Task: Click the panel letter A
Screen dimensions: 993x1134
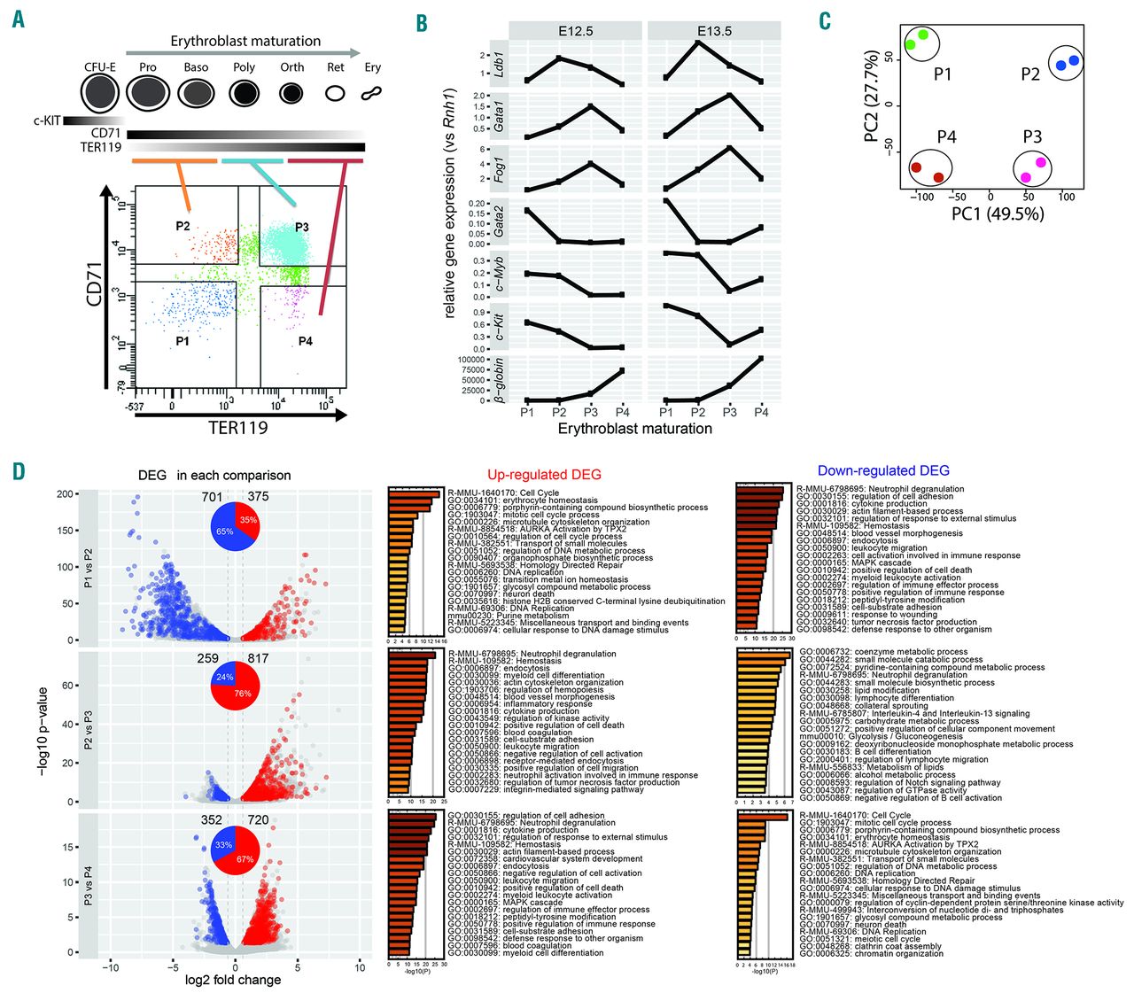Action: (x=18, y=19)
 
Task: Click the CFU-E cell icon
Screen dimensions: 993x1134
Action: (x=100, y=92)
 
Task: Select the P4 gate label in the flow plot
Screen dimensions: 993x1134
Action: (x=305, y=341)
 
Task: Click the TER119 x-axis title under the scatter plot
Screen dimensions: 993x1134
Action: (x=237, y=428)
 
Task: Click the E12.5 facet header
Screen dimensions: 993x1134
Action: (x=575, y=31)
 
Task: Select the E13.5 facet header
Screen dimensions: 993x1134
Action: (x=713, y=31)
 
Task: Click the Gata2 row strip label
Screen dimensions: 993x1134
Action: (x=500, y=221)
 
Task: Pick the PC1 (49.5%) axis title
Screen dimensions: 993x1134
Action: (x=997, y=213)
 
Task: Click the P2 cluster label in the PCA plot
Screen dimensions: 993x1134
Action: (x=1029, y=74)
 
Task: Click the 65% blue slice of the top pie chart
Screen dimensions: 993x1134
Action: (x=223, y=531)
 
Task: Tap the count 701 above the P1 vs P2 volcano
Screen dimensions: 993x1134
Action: (x=212, y=497)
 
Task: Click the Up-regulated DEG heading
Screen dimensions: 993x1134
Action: (x=544, y=475)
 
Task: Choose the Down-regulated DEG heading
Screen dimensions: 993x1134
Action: (x=882, y=471)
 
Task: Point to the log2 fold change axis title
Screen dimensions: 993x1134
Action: (x=233, y=980)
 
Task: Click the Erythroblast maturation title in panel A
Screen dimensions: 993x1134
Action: (x=245, y=42)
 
